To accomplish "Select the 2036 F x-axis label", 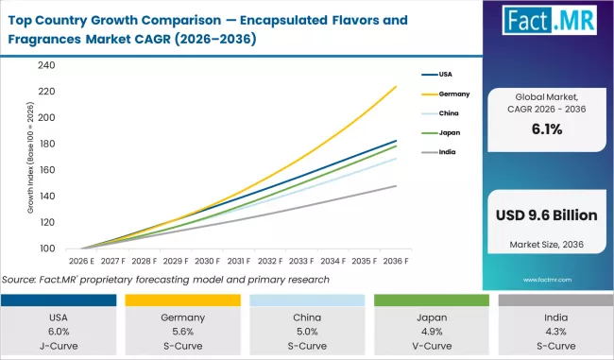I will pos(396,260).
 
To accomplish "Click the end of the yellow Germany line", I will pos(396,87).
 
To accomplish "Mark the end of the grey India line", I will pos(396,186).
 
